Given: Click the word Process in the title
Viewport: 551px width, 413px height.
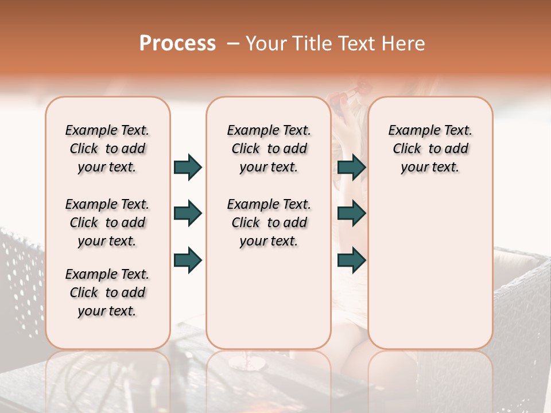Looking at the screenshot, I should tap(177, 43).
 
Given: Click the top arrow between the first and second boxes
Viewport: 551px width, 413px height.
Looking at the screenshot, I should tap(188, 167).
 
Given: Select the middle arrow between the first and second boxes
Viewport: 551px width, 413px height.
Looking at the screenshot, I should tap(188, 213).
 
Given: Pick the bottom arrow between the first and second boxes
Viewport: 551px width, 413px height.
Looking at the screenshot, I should tap(188, 260).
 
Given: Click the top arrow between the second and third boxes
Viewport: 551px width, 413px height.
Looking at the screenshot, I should tap(351, 167).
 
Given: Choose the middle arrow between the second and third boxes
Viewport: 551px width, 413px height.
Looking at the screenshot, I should tap(351, 213).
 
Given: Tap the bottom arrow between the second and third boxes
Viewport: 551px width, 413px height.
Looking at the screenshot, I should tap(351, 260).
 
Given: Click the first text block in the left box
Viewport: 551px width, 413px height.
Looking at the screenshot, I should tap(107, 149).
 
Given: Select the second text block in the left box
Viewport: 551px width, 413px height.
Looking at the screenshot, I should tap(107, 223).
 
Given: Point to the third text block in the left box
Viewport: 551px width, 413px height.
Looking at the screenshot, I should tap(107, 293).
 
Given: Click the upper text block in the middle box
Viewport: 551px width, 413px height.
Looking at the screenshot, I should tap(269, 149).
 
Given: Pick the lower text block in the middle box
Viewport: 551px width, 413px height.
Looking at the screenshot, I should tap(269, 223).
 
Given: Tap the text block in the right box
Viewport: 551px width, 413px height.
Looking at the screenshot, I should tap(430, 149).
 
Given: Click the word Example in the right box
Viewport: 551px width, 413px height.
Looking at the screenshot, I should tap(411, 131).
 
